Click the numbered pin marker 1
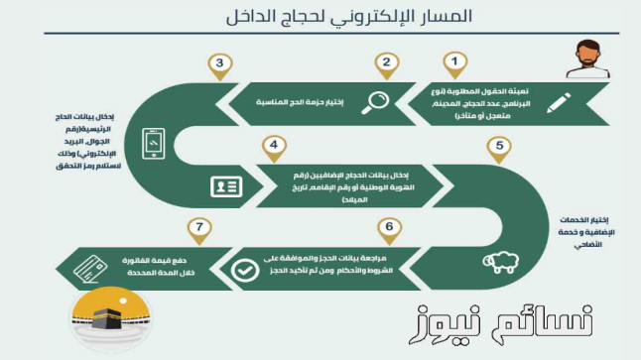click(x=454, y=63)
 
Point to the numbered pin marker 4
click(x=270, y=147)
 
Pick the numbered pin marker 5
click(x=502, y=147)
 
